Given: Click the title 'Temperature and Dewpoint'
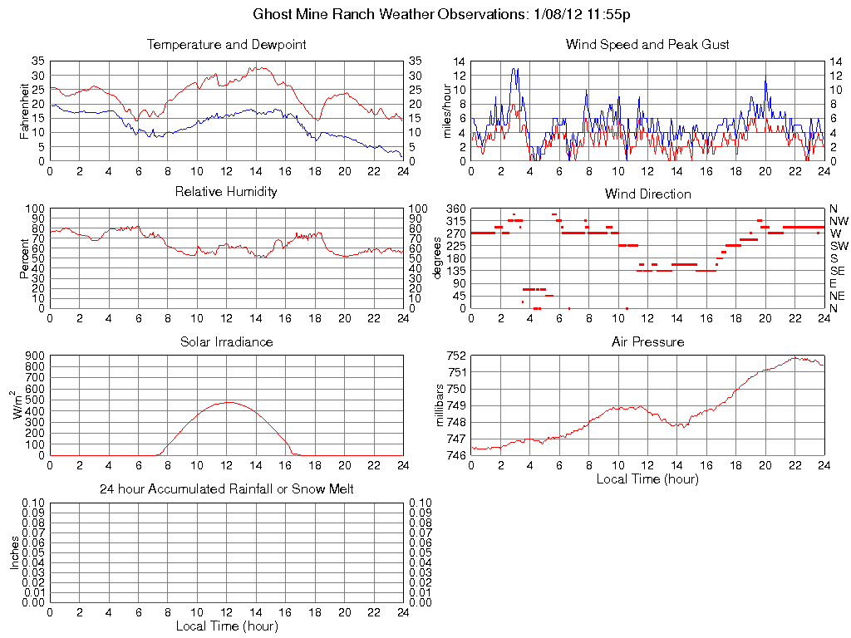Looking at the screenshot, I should pos(226,45).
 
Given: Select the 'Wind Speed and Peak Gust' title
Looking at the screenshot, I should pos(647,45).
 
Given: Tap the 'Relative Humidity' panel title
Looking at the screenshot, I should pos(226,192).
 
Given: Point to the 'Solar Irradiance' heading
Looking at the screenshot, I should pos(226,341).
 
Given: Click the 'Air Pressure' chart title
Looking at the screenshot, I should pos(647,341).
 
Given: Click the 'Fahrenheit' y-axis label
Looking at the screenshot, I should pos(25,110).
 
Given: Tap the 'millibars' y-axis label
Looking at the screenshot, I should pos(441,405).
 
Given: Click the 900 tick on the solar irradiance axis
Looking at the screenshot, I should pos(34,356).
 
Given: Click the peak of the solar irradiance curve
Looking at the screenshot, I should pos(227,402).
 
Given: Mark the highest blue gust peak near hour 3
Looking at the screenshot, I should pos(515,69).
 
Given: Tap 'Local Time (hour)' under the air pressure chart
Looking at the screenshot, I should pos(647,479).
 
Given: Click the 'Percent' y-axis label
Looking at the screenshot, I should pos(25,258).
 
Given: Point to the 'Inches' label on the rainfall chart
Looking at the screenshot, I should pos(15,552).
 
